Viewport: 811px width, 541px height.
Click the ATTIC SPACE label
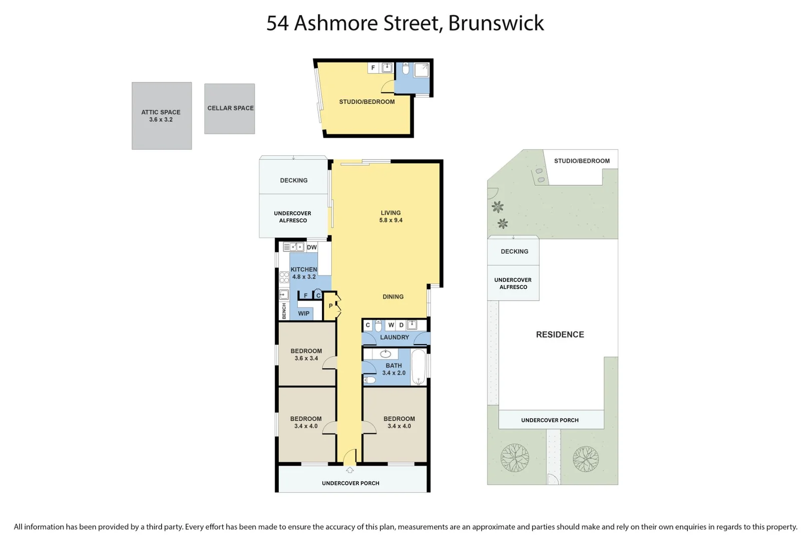[x=161, y=112]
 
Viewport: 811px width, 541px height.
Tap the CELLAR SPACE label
[x=230, y=108]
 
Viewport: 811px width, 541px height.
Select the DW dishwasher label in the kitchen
[x=312, y=247]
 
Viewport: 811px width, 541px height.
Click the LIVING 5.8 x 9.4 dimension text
[x=391, y=220]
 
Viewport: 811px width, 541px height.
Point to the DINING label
[x=393, y=297]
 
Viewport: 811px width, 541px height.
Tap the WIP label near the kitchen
[x=303, y=314]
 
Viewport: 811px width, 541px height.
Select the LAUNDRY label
[x=394, y=338]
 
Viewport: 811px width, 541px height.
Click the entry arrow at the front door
[x=350, y=470]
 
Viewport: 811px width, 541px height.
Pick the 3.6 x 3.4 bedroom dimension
[x=306, y=359]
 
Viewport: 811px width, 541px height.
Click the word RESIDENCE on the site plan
[x=560, y=335]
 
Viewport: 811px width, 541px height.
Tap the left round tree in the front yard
[x=515, y=458]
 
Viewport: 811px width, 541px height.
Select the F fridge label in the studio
[x=373, y=68]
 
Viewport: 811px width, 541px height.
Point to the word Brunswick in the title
[x=496, y=23]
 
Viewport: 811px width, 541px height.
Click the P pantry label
[x=331, y=306]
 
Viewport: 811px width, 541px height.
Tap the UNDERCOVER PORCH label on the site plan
[x=550, y=420]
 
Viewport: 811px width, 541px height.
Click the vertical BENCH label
[x=284, y=311]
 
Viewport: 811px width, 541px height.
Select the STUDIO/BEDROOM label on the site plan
[x=582, y=161]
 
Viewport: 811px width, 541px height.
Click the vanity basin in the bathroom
[x=385, y=354]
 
